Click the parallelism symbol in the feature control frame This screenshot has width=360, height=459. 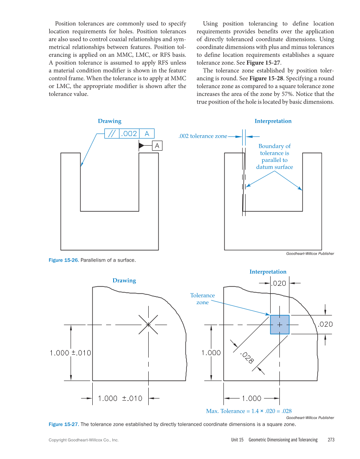[x=112, y=134]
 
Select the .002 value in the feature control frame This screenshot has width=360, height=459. [x=129, y=134]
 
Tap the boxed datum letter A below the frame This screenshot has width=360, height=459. [x=157, y=145]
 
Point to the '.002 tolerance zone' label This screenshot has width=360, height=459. [x=203, y=136]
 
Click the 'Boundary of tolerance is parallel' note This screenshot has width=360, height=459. [x=274, y=156]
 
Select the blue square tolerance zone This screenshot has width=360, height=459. [x=279, y=325]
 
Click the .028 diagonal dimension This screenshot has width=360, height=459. [x=247, y=358]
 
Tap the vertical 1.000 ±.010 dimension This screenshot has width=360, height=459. [x=70, y=353]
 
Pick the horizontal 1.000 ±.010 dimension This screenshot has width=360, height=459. [x=120, y=398]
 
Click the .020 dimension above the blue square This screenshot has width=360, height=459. [x=279, y=283]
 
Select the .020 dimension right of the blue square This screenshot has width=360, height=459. [x=325, y=324]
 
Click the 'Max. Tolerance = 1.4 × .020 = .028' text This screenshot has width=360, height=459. [x=248, y=411]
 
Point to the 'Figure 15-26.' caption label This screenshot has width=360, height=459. [x=63, y=260]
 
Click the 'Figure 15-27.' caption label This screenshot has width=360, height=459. [x=63, y=424]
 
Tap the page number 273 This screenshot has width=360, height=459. [x=331, y=440]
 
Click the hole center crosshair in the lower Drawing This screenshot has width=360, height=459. [x=148, y=324]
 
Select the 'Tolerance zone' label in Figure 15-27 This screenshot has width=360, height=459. [x=203, y=299]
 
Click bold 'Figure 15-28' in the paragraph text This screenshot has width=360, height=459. [x=266, y=78]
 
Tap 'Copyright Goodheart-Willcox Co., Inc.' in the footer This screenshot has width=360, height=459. [x=84, y=440]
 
